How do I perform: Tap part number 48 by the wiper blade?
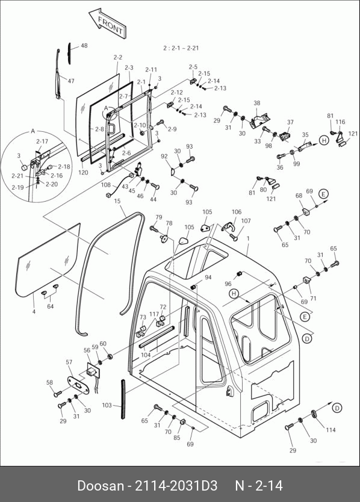pyautogui.click(x=84, y=46)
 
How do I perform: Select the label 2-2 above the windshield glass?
pyautogui.click(x=118, y=58)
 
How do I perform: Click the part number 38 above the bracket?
pyautogui.click(x=257, y=103)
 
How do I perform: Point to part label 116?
pyautogui.click(x=341, y=122)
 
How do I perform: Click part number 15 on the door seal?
pyautogui.click(x=117, y=201)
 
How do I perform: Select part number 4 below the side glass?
pyautogui.click(x=34, y=311)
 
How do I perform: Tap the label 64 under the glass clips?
pyautogui.click(x=51, y=306)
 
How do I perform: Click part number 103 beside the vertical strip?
pyautogui.click(x=107, y=405)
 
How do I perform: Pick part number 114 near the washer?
pyautogui.click(x=331, y=430)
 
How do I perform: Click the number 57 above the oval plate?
pyautogui.click(x=69, y=362)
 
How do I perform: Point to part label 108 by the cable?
pyautogui.click(x=106, y=185)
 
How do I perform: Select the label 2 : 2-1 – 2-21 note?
pyautogui.click(x=181, y=48)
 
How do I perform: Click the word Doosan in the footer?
pyautogui.click(x=101, y=486)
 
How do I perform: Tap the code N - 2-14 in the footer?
pyautogui.click(x=259, y=486)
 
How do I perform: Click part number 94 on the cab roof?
pyautogui.click(x=208, y=277)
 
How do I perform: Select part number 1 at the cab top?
pyautogui.click(x=247, y=238)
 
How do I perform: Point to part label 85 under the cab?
pyautogui.click(x=177, y=438)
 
